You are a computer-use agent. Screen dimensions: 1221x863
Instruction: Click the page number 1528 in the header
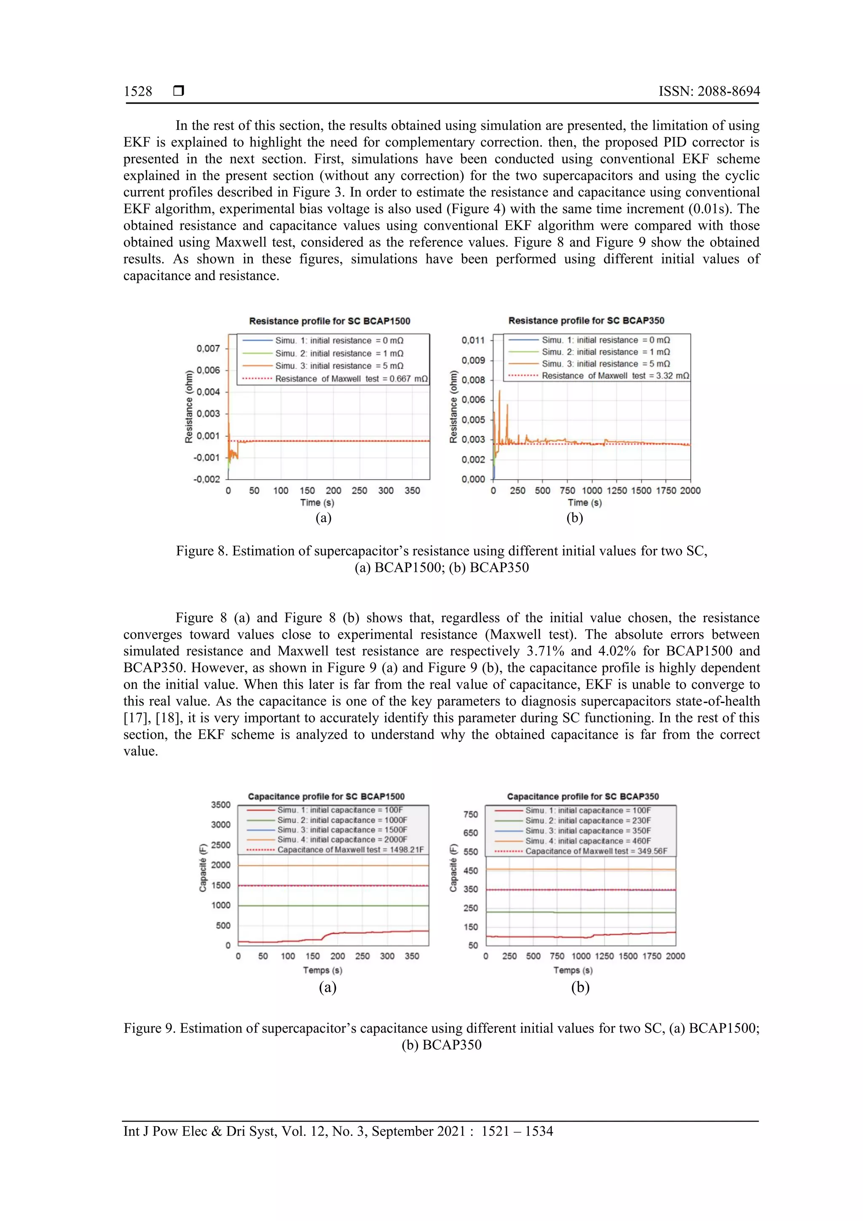(138, 91)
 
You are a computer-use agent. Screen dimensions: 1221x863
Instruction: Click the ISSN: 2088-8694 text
(709, 91)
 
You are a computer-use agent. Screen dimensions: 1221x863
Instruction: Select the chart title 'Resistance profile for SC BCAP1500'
(330, 321)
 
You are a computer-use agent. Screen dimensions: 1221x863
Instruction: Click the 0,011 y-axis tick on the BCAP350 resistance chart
(473, 341)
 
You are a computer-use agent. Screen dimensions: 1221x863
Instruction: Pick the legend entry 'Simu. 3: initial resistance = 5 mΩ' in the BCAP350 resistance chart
(605, 364)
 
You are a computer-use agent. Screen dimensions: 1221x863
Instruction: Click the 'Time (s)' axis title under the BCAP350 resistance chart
(584, 502)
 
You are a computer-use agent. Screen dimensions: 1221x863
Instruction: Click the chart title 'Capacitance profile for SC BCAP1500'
(326, 797)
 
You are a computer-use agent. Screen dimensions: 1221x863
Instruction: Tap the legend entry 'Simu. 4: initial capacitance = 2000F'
(342, 839)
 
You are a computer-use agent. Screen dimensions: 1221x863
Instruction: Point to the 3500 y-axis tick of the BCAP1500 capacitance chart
(221, 805)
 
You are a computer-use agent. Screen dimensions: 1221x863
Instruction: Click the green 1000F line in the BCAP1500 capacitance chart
(333, 906)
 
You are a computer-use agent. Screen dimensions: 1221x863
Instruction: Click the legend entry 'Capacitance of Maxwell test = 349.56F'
(595, 851)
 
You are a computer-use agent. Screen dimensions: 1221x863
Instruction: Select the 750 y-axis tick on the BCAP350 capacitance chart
(471, 814)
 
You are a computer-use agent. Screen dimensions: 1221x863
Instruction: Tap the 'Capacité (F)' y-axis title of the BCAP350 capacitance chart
(453, 867)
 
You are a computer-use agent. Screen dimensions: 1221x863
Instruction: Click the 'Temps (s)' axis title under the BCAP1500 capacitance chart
(322, 970)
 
